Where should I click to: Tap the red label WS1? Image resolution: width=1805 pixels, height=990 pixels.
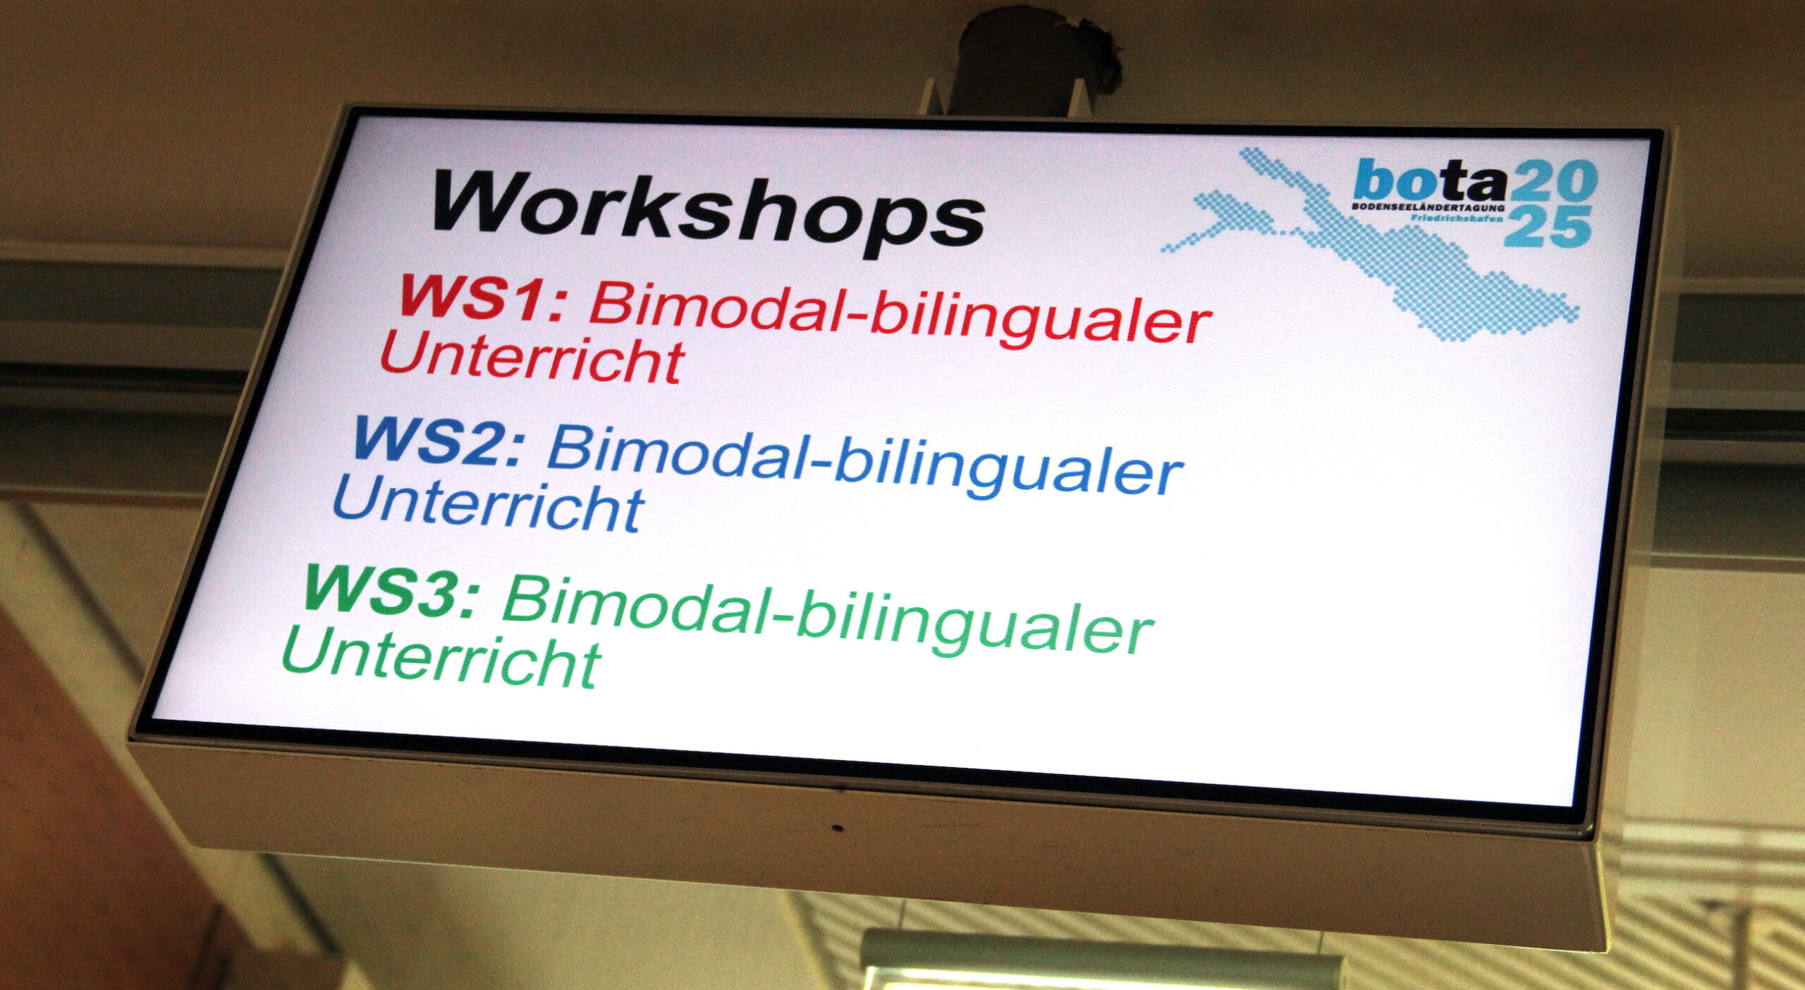(483, 299)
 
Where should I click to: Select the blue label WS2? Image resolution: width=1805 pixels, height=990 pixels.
(439, 441)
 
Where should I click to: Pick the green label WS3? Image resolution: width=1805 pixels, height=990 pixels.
(392, 590)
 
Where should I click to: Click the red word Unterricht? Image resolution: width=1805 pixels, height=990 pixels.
(532, 359)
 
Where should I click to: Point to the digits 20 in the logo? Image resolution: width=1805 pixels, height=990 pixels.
(1553, 181)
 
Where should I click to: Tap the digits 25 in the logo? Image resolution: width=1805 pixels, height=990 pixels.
(1548, 226)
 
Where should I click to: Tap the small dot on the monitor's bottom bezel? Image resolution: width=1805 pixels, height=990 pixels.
(837, 827)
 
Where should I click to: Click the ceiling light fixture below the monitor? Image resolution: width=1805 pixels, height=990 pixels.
(1100, 963)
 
